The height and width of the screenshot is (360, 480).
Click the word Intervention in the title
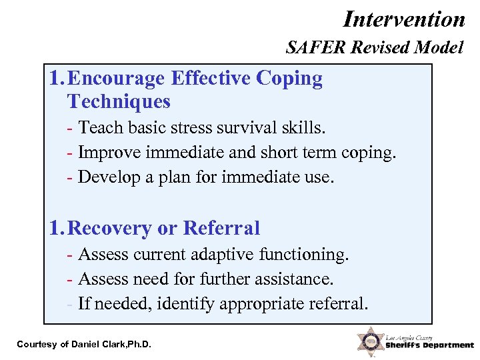pos(404,19)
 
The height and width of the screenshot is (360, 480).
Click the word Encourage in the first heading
pos(117,79)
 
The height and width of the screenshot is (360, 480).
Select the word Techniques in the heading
pos(119,102)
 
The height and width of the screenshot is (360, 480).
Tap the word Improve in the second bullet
pos(109,152)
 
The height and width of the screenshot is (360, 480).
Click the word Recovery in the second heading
pos(110,229)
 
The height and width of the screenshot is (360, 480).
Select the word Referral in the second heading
pos(221,229)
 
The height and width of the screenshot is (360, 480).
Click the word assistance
pos(294,279)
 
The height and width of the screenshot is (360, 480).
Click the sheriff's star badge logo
pos(369,341)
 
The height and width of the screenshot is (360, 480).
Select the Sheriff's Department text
pos(429,345)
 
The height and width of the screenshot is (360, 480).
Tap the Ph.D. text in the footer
pos(138,344)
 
